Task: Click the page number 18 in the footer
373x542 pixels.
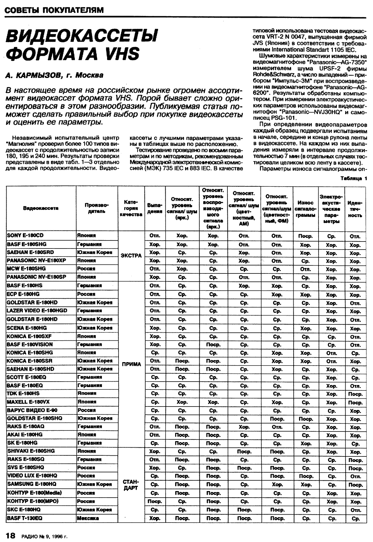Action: [10, 536]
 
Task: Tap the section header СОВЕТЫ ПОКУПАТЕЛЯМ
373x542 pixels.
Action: [54, 10]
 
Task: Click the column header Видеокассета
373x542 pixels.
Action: [41, 208]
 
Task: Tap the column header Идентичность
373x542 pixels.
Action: [355, 208]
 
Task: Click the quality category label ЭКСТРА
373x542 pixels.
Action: [131, 256]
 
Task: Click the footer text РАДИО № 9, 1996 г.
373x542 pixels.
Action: [44, 537]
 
